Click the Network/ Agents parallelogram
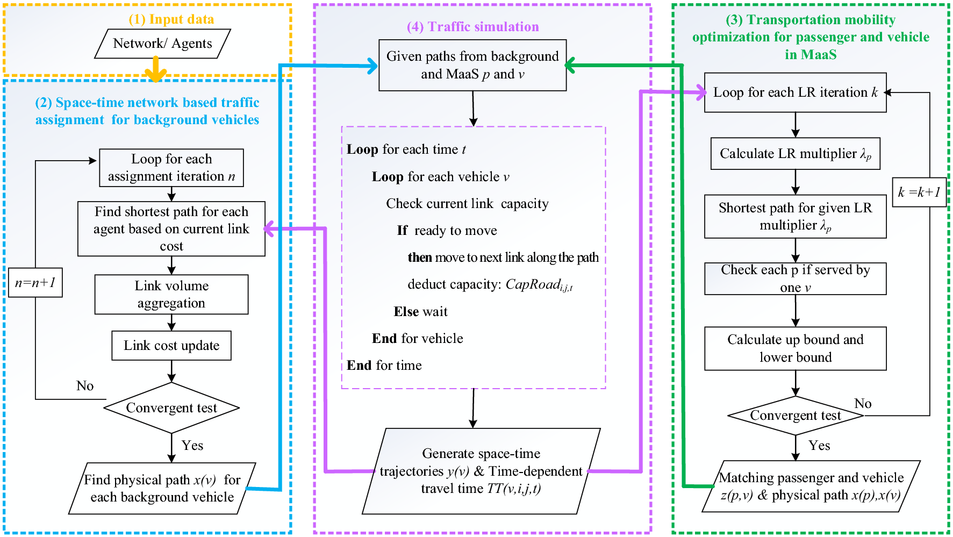tap(162, 44)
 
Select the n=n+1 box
tap(35, 283)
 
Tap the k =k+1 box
tap(919, 192)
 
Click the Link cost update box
tap(171, 346)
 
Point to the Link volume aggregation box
tap(171, 295)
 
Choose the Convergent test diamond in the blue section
tap(171, 408)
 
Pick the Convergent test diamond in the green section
tap(795, 416)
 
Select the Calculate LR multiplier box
tap(795, 154)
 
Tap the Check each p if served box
tap(795, 278)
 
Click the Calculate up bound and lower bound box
tap(795, 348)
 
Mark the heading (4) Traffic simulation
tap(472, 27)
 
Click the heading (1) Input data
tap(171, 19)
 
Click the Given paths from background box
tap(472, 65)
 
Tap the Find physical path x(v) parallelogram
tap(162, 488)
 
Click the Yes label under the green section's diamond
tap(819, 446)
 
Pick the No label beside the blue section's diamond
tap(85, 386)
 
